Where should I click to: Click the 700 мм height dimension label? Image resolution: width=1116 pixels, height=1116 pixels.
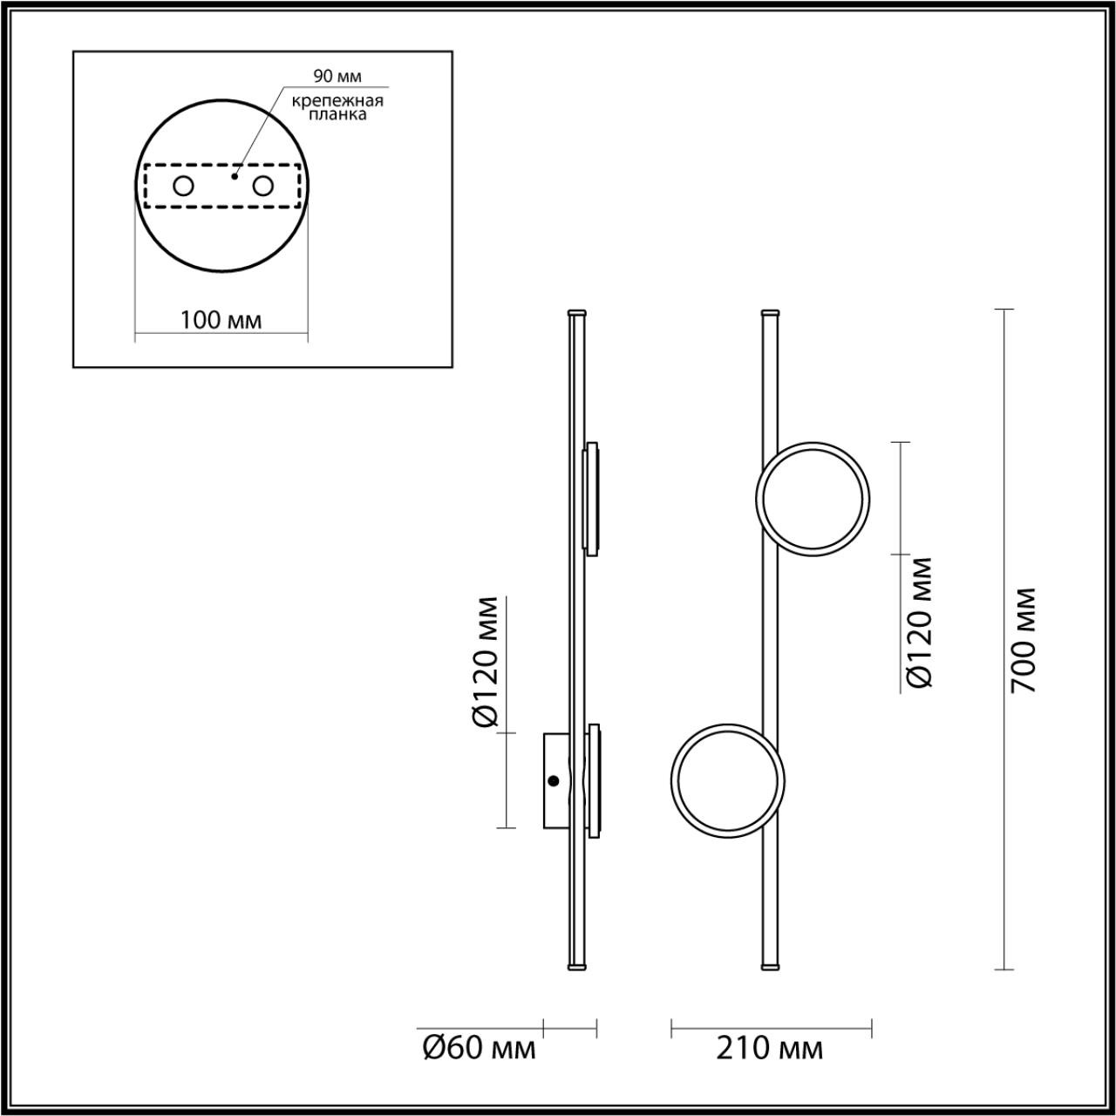point(1024,639)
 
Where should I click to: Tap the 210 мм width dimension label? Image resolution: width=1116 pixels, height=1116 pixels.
point(769,1047)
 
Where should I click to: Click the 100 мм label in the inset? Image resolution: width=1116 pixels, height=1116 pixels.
point(221,320)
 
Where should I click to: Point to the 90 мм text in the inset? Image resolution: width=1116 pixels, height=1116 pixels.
point(337,78)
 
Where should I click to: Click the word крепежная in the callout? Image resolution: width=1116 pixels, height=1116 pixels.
point(337,100)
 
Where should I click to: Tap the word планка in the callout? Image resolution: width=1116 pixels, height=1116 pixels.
point(337,114)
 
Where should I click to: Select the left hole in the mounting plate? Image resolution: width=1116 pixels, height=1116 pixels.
point(183,186)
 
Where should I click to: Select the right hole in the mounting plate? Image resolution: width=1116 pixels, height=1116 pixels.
point(262,186)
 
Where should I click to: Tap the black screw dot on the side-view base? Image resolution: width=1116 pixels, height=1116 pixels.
point(553,781)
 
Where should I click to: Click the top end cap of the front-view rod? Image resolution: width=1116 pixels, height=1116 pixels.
point(770,312)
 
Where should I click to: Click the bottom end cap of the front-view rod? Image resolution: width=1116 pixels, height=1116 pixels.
point(770,966)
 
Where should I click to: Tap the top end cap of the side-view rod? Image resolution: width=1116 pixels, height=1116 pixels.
point(577,312)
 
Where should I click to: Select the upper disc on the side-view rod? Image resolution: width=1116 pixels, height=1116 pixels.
point(591,499)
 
